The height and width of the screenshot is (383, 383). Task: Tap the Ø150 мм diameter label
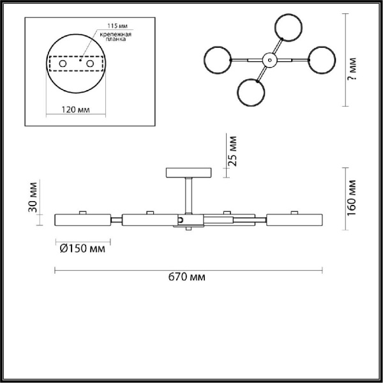click(x=82, y=248)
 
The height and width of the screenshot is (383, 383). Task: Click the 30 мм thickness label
click(x=34, y=199)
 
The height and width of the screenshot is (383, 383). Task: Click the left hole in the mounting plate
click(x=63, y=64)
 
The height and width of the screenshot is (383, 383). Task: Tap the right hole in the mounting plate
click(x=91, y=64)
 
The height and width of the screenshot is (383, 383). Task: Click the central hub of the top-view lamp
click(x=269, y=59)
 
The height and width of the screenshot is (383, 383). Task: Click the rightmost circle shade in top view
click(x=320, y=60)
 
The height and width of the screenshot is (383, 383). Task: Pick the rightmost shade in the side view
click(x=294, y=220)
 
